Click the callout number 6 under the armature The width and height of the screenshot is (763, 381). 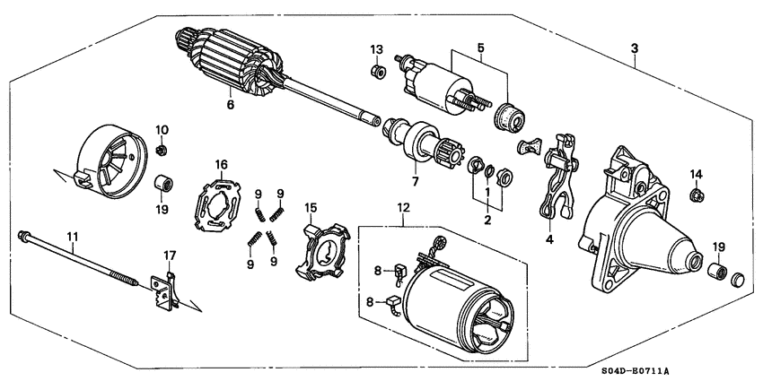[x=230, y=105]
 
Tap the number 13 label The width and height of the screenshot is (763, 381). [x=377, y=48]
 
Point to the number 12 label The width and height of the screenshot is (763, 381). [x=402, y=209]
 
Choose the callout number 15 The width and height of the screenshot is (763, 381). [x=311, y=209]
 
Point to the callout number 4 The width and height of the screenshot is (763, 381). [x=549, y=239]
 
